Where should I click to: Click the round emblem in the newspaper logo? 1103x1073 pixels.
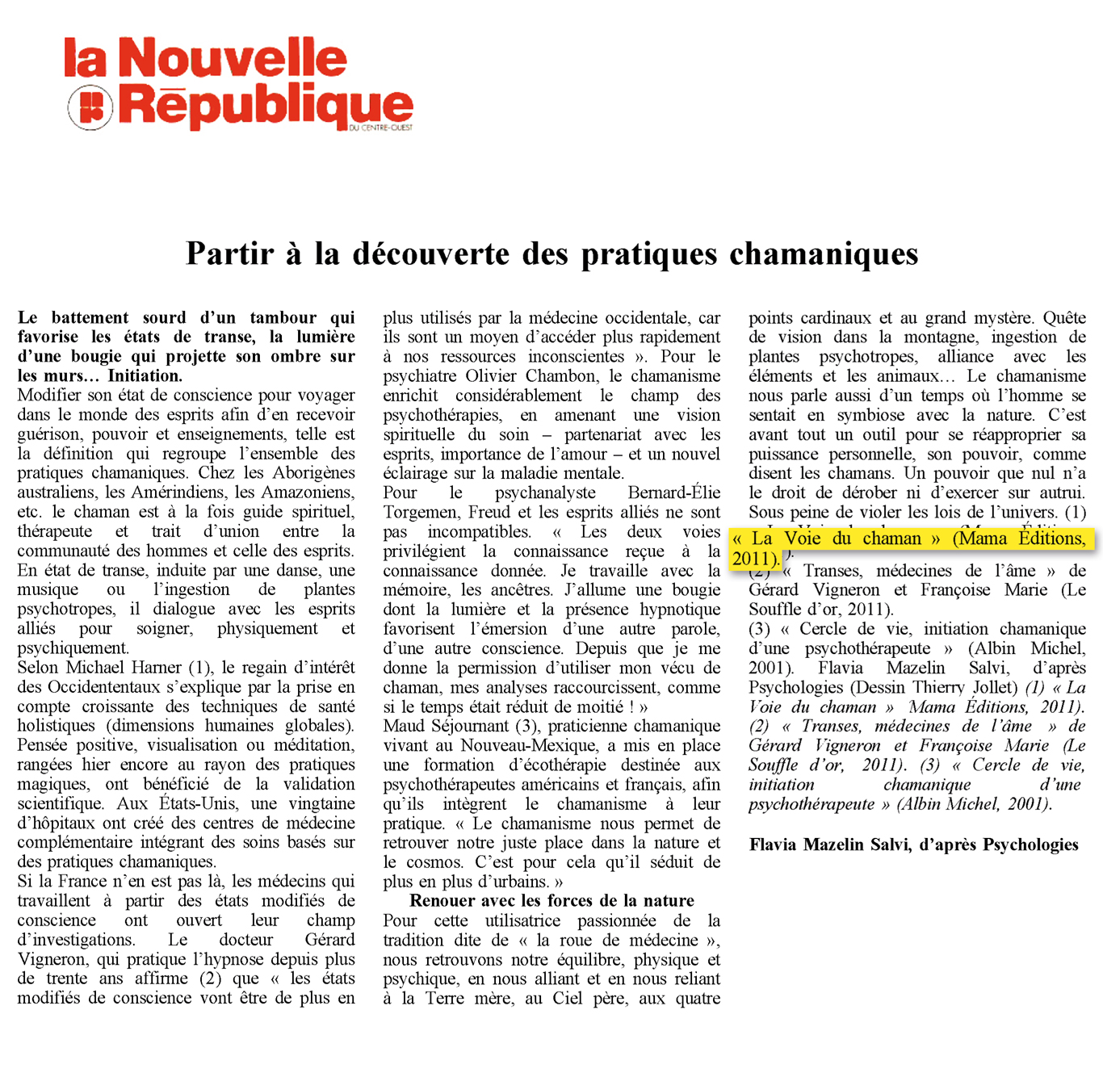[x=90, y=107]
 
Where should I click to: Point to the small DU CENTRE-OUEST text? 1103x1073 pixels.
[x=381, y=128]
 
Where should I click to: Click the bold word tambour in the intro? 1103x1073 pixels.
[x=283, y=317]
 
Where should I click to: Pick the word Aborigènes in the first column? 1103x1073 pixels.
[x=313, y=472]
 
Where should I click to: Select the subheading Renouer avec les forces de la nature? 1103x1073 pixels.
[x=551, y=900]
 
